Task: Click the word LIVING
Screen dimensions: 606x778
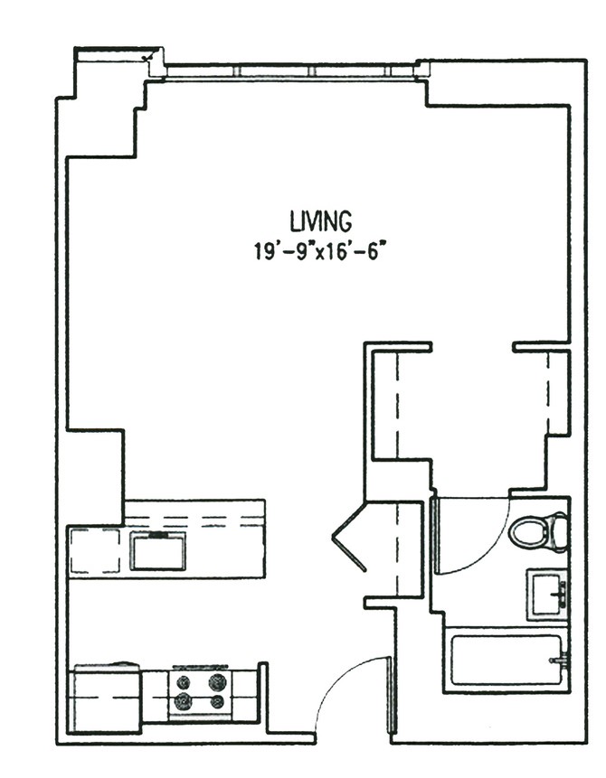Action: [321, 221]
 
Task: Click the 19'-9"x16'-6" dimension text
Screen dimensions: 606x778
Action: [320, 252]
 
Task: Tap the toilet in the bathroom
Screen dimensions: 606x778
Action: [538, 532]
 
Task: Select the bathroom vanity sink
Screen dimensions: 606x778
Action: [547, 595]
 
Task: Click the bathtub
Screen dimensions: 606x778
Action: [507, 661]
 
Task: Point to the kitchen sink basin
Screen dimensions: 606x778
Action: [158, 551]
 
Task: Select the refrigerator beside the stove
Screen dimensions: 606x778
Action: [105, 698]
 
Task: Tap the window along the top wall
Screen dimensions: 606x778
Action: [290, 71]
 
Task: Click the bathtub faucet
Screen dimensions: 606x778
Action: [558, 661]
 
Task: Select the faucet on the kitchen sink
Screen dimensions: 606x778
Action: [158, 535]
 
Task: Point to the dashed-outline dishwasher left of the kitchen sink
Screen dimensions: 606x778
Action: [95, 552]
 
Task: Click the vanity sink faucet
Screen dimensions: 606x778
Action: [560, 595]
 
